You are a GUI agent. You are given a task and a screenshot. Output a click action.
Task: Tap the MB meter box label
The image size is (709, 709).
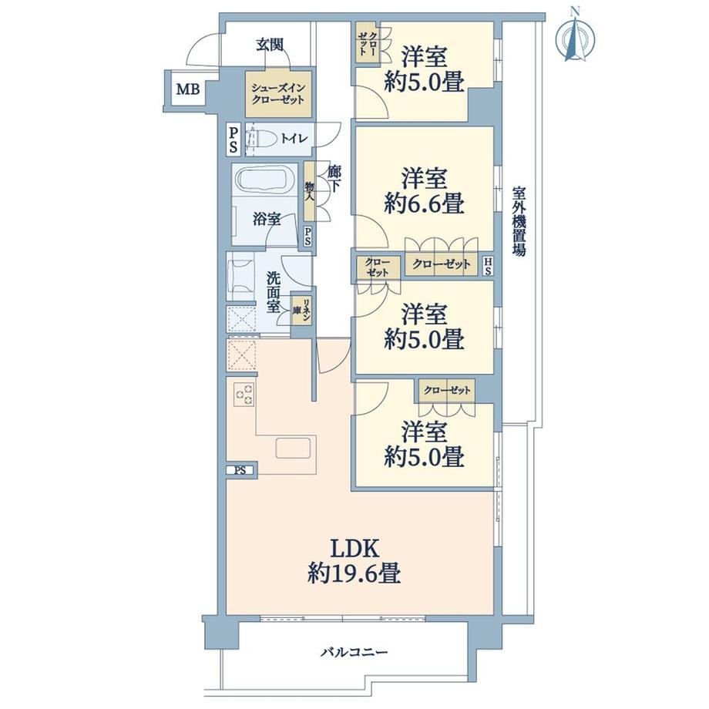point(187,89)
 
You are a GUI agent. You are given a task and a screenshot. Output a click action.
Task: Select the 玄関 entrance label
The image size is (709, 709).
point(270,45)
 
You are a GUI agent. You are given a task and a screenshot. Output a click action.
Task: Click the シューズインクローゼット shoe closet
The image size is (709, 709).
point(278,93)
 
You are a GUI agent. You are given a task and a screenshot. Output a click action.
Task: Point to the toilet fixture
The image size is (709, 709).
point(260,138)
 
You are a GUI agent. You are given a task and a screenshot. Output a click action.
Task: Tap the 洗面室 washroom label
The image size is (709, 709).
point(273,292)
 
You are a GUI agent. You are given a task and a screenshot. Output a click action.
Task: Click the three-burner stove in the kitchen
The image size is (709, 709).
point(244,394)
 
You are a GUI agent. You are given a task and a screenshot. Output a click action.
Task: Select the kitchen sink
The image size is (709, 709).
point(293,449)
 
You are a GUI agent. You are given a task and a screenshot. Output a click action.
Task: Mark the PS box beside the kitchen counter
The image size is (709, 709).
point(241,470)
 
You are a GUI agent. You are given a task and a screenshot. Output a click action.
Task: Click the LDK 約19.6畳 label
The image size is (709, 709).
point(354,562)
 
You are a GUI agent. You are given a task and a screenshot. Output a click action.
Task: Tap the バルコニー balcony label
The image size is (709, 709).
point(354,653)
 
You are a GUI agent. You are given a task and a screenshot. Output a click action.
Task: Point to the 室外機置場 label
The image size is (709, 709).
point(519,222)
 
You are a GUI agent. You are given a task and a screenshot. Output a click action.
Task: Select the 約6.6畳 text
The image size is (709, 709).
point(424,203)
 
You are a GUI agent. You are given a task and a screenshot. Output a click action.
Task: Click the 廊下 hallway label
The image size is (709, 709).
point(334,179)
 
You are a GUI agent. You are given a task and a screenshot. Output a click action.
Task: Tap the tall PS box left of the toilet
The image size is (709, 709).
point(234,139)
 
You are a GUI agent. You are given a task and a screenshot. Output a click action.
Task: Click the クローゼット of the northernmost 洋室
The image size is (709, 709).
point(367,44)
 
